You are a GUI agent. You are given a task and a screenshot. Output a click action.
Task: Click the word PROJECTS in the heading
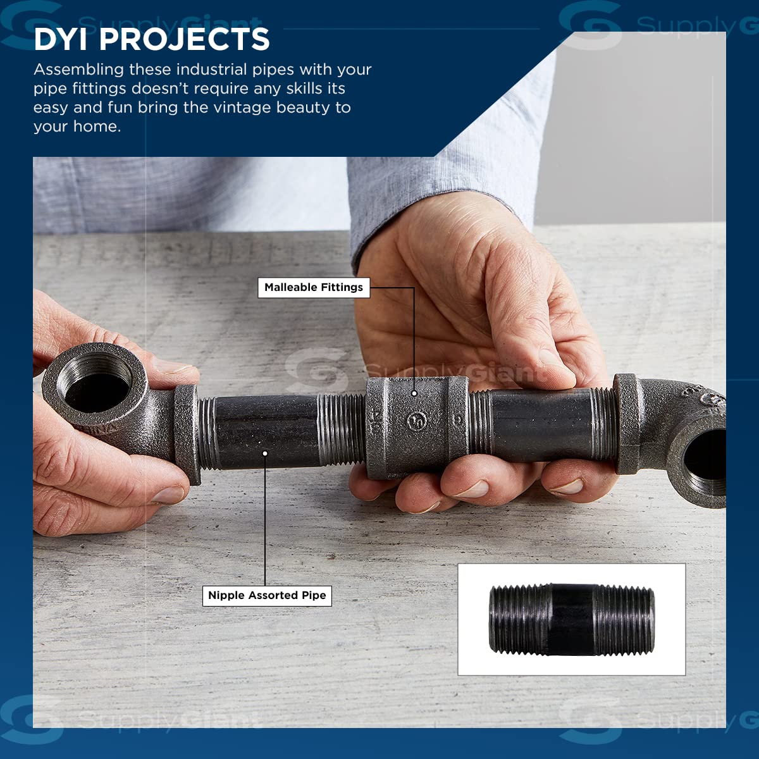184,39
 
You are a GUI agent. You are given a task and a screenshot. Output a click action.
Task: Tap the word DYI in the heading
61,39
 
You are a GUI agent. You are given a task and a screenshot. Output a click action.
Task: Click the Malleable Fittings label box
314,288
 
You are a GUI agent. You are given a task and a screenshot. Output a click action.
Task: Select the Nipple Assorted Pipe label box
267,595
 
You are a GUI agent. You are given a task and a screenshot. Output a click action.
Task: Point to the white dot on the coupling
414,393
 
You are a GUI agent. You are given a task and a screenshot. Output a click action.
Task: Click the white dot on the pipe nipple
265,454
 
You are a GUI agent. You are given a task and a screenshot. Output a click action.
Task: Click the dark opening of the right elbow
707,459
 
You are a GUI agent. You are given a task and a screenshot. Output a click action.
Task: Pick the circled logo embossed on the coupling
417,421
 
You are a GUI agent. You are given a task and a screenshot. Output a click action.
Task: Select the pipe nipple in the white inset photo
572,620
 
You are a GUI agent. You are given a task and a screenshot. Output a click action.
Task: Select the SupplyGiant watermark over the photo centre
410,370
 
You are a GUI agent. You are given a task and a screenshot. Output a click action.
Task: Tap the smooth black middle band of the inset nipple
572,620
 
